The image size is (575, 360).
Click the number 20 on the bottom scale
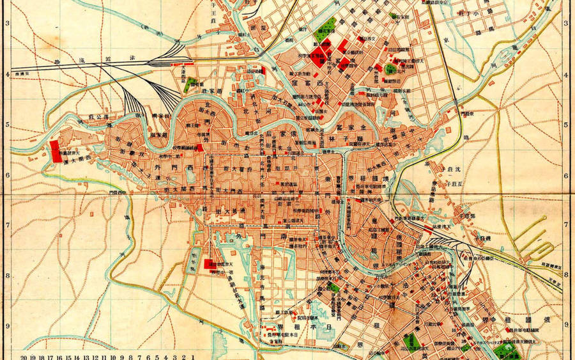pos(25,356)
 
